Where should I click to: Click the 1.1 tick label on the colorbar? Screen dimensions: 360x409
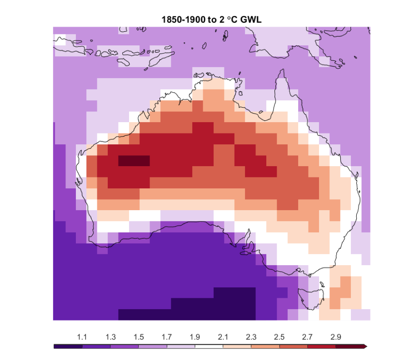(82, 337)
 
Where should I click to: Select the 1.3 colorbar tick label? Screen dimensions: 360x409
(110, 337)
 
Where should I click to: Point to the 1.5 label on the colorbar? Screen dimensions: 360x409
(139, 337)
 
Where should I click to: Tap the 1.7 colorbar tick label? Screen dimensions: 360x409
(167, 337)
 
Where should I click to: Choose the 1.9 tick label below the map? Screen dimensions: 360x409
(195, 337)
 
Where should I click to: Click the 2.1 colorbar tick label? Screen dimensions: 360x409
(223, 337)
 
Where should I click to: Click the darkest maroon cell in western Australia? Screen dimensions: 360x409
(134, 161)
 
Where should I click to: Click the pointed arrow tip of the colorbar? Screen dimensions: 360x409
(366, 346)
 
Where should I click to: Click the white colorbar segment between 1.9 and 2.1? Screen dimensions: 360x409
(209, 346)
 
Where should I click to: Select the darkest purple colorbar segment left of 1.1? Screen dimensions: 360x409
(68, 346)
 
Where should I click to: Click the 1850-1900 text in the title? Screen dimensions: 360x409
(181, 20)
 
